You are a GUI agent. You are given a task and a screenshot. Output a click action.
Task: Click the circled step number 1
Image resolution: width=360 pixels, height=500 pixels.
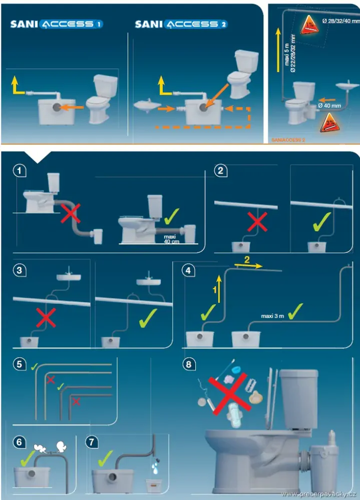[x=19, y=171]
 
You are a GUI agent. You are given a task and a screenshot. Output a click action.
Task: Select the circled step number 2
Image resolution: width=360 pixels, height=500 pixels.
[x=221, y=171]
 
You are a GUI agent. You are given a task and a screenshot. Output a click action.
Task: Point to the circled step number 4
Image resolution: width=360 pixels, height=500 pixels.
[x=188, y=270]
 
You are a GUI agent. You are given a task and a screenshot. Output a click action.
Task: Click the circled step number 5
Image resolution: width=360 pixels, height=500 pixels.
[x=19, y=364]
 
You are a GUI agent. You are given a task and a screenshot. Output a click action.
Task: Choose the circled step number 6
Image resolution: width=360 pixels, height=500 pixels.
[x=19, y=442]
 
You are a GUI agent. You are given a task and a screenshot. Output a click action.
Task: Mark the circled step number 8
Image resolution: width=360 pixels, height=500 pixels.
[x=188, y=364]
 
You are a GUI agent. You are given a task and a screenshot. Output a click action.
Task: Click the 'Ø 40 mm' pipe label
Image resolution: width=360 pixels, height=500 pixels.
[x=329, y=106]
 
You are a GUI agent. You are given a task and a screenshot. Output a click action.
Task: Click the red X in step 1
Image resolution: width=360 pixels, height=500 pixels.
[x=70, y=213]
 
